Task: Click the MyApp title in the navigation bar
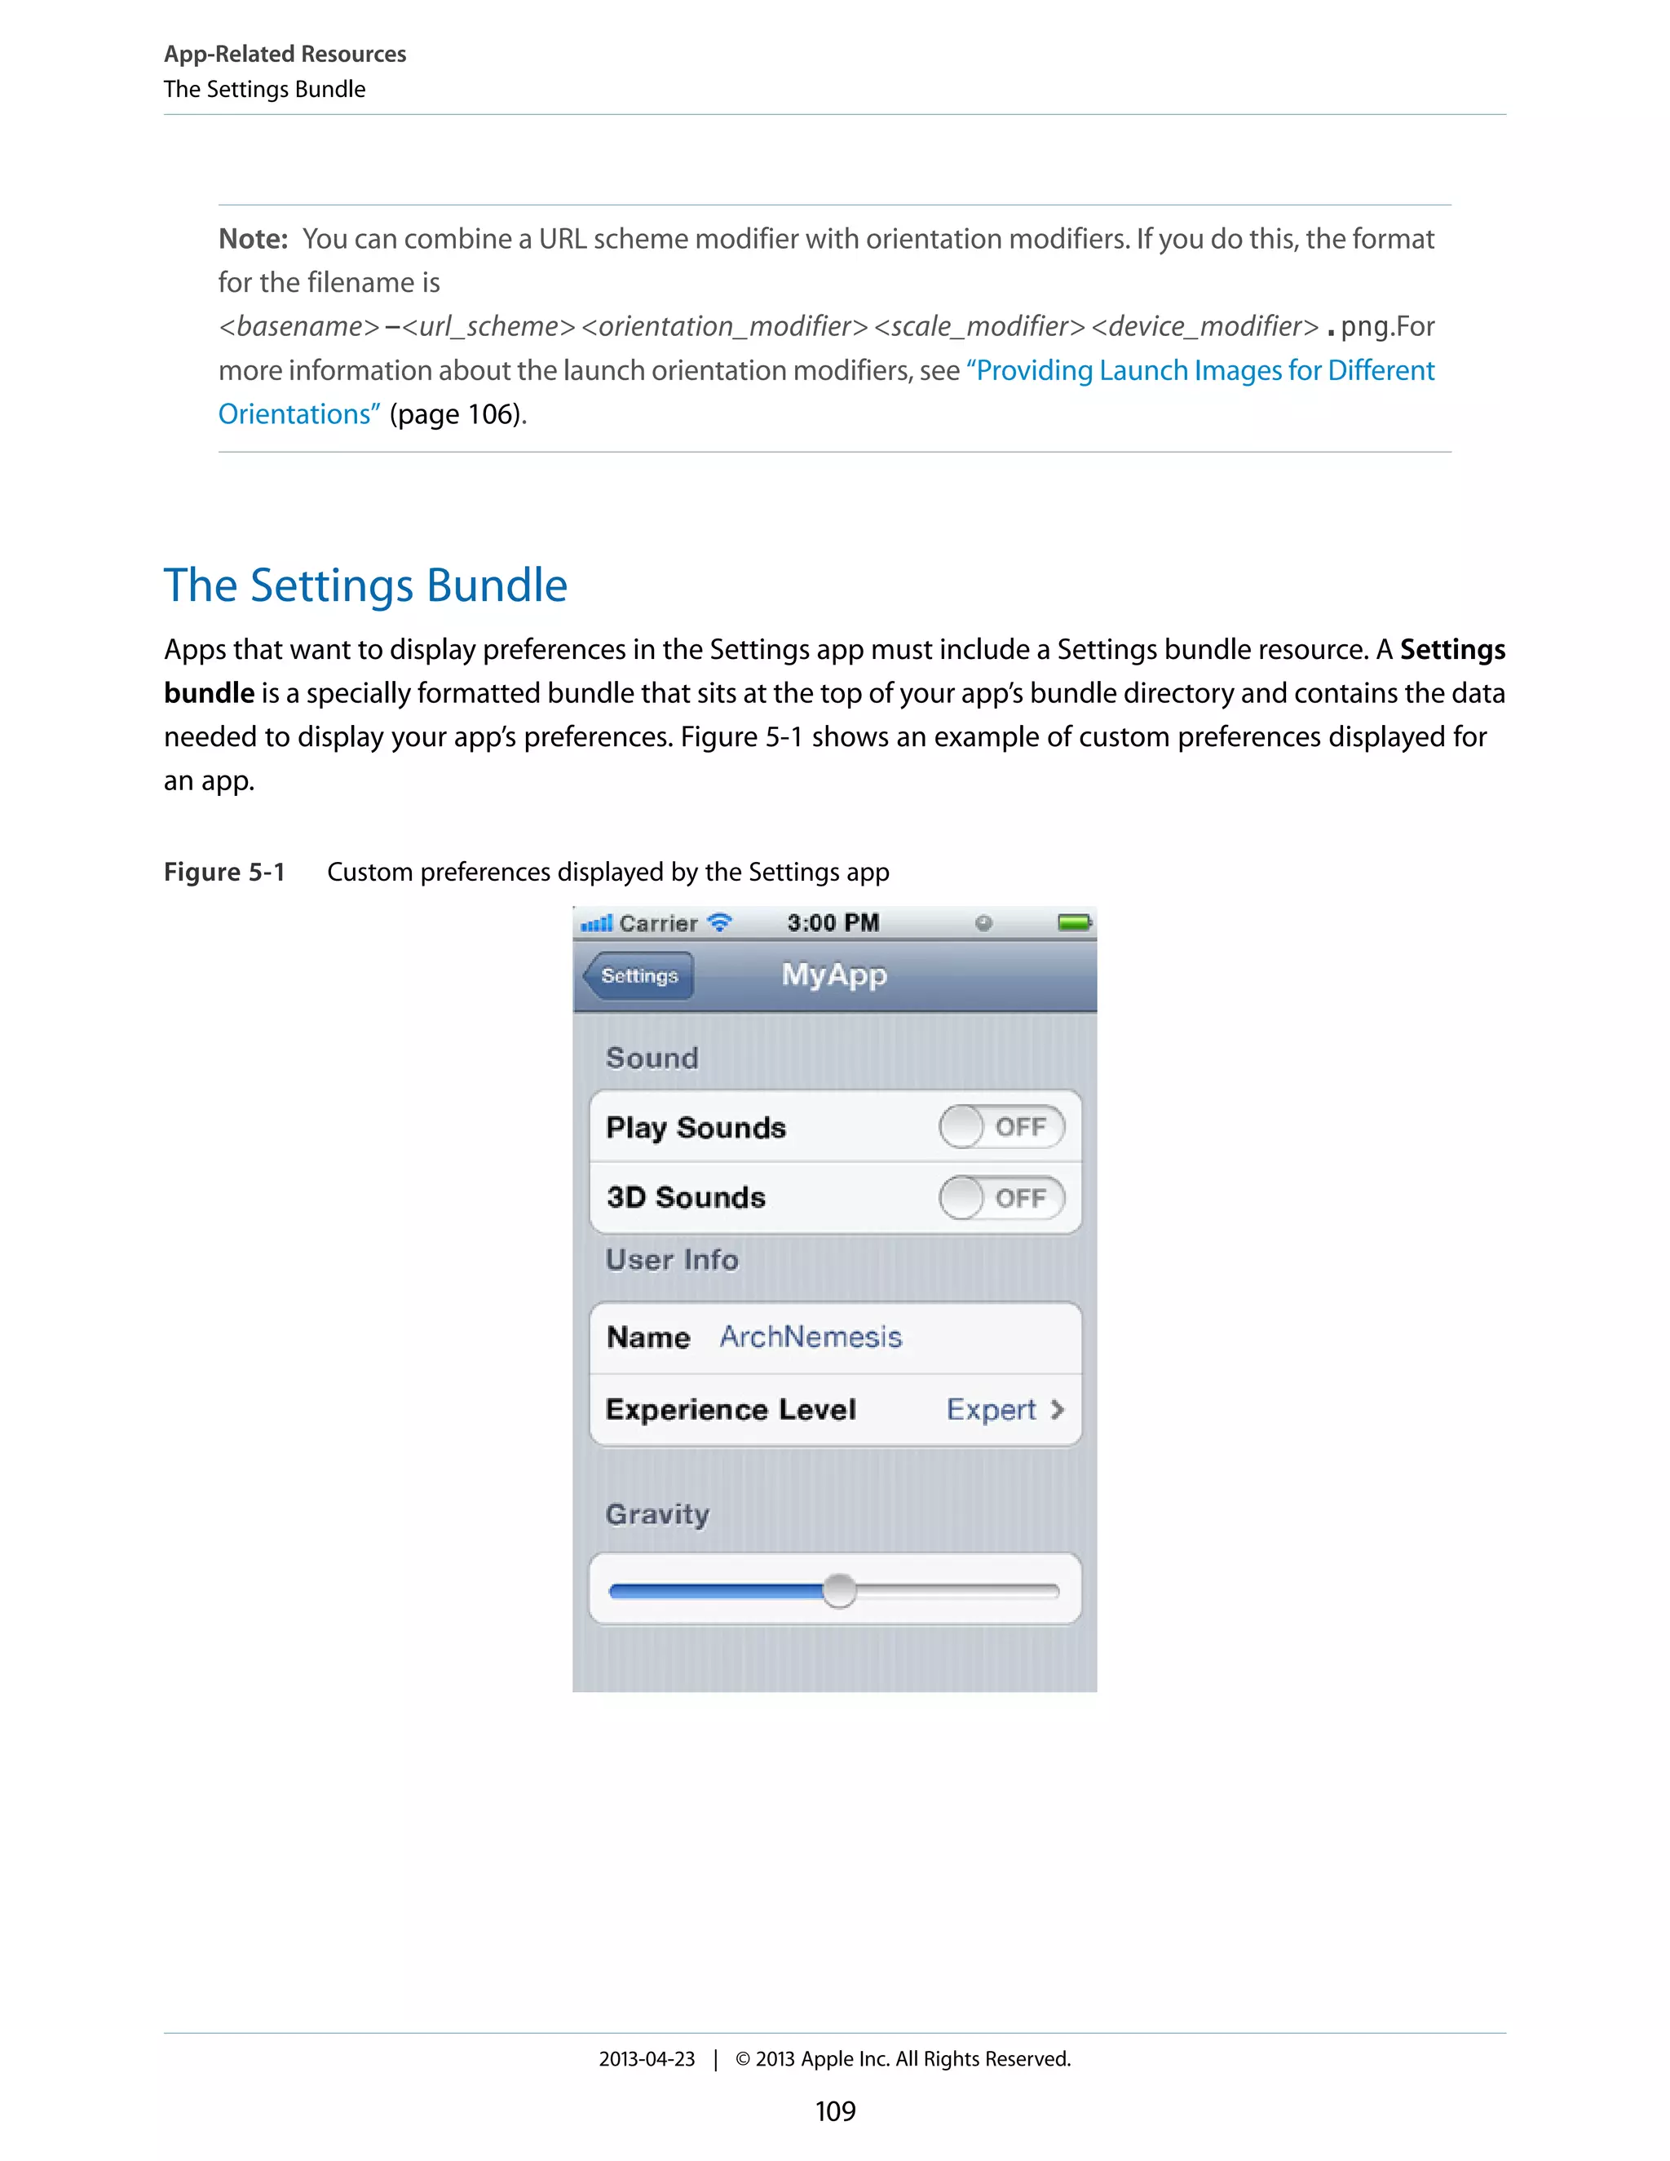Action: pyautogui.click(x=834, y=974)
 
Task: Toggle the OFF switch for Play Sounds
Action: pyautogui.click(x=1001, y=1127)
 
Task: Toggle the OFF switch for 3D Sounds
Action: pyautogui.click(x=1001, y=1198)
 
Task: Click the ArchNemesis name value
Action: pyautogui.click(x=811, y=1337)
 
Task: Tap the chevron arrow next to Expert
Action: pyautogui.click(x=1058, y=1410)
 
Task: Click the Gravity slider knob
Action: pyautogui.click(x=839, y=1591)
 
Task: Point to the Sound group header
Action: pyautogui.click(x=652, y=1058)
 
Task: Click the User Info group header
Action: pyautogui.click(x=672, y=1260)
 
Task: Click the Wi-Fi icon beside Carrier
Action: pyautogui.click(x=720, y=922)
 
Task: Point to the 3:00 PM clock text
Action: pyautogui.click(x=833, y=923)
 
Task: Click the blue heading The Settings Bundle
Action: pyautogui.click(x=365, y=586)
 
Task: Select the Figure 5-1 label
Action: pyautogui.click(x=224, y=872)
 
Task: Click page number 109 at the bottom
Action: pyautogui.click(x=835, y=2111)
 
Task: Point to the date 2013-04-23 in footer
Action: pyautogui.click(x=647, y=2059)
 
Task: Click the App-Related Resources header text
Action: pyautogui.click(x=285, y=55)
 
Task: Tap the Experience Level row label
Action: pyautogui.click(x=730, y=1410)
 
